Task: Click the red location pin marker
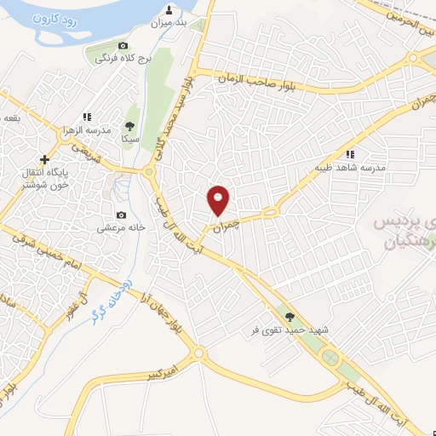pos(219,201)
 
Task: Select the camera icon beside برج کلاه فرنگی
pos(123,45)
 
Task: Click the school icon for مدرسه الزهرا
pos(87,117)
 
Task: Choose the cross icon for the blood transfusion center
pos(44,159)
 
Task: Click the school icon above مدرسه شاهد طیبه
pos(349,154)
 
